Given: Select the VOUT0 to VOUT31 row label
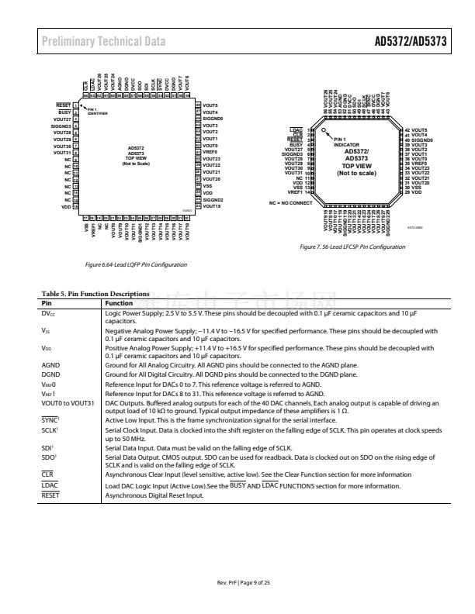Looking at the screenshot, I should pos(67,402).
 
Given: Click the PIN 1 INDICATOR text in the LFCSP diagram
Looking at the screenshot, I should pos(347,141).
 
